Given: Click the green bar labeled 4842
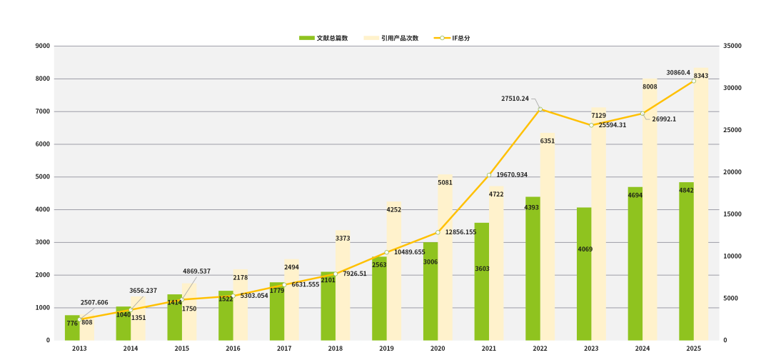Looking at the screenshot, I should (x=686, y=261).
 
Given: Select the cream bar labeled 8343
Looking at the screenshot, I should (x=701, y=207).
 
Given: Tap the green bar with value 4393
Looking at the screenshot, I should (x=533, y=269).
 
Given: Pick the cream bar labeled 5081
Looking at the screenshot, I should (x=445, y=257).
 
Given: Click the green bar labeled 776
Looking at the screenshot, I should (x=72, y=328).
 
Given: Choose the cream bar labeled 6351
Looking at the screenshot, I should (x=548, y=239).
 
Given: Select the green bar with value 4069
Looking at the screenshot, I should (x=584, y=274).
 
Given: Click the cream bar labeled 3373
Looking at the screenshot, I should (x=343, y=286).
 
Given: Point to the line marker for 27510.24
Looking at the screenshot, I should (x=540, y=109).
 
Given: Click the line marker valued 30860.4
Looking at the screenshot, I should (x=693, y=81).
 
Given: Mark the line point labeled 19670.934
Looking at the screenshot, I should (x=489, y=175).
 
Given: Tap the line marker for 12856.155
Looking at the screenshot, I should (x=438, y=232).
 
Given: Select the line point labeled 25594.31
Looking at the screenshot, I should (x=591, y=125).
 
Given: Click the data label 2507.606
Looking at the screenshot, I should (x=94, y=303).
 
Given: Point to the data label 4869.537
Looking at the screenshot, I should (x=197, y=271).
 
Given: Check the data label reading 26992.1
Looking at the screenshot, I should (x=664, y=119).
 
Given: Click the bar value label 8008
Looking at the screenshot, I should (x=650, y=87).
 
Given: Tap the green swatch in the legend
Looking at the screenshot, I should (x=307, y=38).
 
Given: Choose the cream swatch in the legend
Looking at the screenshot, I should (x=371, y=38).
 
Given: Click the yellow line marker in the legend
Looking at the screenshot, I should (x=442, y=38).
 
